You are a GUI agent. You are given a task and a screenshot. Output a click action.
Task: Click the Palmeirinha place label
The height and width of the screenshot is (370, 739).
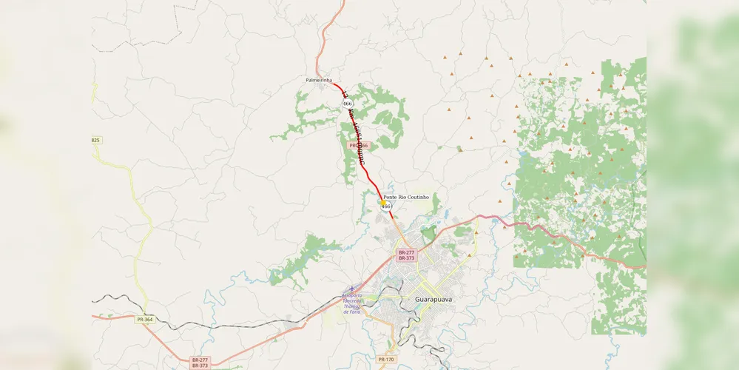pos(319,79)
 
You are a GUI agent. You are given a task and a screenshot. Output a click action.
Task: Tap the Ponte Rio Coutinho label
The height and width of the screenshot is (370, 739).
pos(406,197)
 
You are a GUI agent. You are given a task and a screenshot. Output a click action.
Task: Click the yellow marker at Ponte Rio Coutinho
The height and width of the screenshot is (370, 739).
pos(382,202)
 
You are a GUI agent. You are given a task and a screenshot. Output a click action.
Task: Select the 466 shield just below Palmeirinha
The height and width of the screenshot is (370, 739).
pos(347,104)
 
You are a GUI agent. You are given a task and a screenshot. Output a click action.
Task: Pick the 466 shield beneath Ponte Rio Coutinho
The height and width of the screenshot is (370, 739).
pos(385,207)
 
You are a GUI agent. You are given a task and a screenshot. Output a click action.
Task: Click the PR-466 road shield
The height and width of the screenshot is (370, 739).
pos(359,146)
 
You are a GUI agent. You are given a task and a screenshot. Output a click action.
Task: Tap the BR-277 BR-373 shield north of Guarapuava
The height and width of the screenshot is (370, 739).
pos(406,255)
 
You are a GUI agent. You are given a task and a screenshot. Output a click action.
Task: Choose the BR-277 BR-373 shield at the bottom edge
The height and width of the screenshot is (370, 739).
pos(200,363)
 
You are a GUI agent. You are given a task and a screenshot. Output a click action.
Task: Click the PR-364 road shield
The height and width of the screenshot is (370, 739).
pos(145,320)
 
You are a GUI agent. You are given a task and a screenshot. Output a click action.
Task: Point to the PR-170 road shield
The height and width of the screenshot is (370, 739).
pos(386,360)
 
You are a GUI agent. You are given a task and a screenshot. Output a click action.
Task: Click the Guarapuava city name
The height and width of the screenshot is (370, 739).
pos(434,299)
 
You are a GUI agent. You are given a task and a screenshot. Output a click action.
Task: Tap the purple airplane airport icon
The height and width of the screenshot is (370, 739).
pos(353,289)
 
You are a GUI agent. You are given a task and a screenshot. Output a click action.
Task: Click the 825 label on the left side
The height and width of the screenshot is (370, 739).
pos(96,140)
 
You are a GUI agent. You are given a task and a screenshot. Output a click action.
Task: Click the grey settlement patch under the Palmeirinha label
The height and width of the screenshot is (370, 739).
pos(320,87)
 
